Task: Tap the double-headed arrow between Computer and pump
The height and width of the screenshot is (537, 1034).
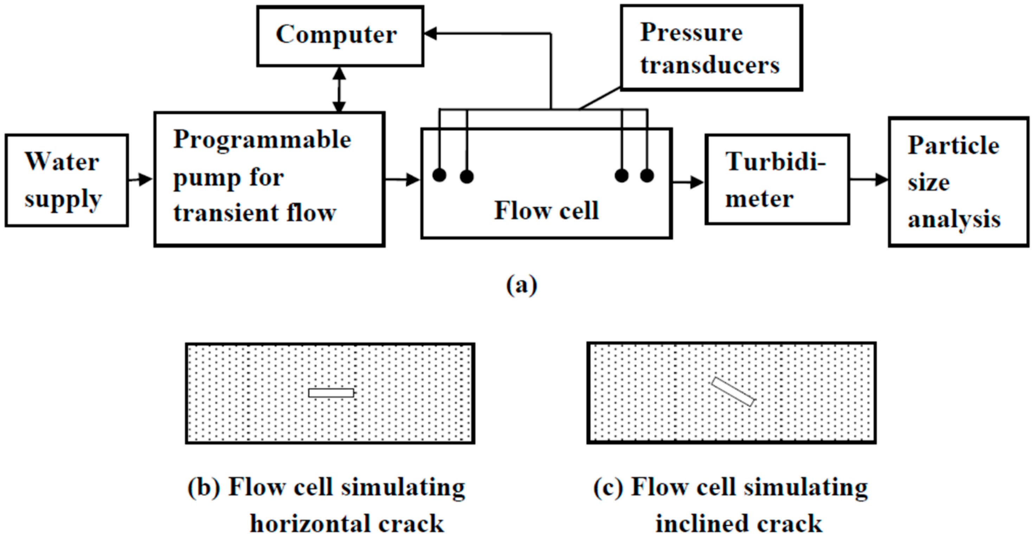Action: coord(340,89)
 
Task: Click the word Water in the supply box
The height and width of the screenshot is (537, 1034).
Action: coord(62,162)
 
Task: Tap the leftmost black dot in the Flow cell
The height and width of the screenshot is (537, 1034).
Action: coord(439,175)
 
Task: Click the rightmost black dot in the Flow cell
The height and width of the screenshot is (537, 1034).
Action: coord(647,175)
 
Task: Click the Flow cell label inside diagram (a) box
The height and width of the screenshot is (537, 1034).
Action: coord(546,210)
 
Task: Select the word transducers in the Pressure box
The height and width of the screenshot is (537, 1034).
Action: coord(710,65)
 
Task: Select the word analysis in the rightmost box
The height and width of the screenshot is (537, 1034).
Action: coord(954,220)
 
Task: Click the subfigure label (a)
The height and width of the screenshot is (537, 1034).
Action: coord(521,285)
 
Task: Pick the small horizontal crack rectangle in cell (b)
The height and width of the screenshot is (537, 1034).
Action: coord(331,393)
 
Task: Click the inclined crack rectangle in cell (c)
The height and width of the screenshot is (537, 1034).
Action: coord(733,391)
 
